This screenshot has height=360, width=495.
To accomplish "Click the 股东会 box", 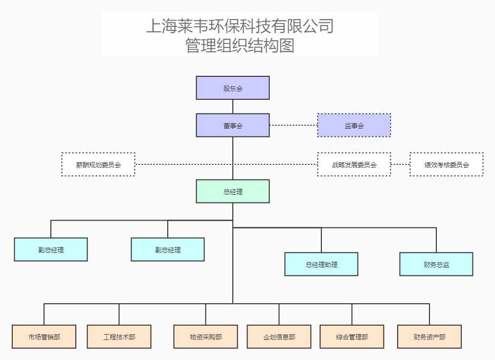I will (233, 88).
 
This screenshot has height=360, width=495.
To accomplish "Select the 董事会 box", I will (233, 125).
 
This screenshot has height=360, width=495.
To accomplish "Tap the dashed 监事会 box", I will (354, 125).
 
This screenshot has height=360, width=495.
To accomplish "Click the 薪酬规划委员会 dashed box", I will (98, 164).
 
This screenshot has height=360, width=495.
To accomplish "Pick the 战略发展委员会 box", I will (354, 164).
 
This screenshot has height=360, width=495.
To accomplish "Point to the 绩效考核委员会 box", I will (447, 164).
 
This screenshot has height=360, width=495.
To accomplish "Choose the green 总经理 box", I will (233, 191).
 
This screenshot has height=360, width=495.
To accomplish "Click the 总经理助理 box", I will (321, 264).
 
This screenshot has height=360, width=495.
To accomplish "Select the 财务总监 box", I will (436, 264).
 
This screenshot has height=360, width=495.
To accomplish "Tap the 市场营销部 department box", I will (44, 337).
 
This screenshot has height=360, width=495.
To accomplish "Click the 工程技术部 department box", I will (119, 337).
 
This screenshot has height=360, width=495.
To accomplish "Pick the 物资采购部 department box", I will (205, 337).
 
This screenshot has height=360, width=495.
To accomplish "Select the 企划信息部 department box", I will (279, 337).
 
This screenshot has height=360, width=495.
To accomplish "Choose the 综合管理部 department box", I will (352, 337).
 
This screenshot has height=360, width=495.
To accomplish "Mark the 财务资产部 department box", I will (429, 337).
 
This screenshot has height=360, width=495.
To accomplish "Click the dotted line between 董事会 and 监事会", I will (293, 125).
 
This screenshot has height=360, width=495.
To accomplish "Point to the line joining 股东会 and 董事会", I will (233, 107).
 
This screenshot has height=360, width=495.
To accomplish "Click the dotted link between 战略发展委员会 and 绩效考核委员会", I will (401, 164).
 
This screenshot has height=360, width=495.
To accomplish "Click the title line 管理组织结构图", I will (240, 45).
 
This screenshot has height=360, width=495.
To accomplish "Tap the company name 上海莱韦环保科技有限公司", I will (240, 25).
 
